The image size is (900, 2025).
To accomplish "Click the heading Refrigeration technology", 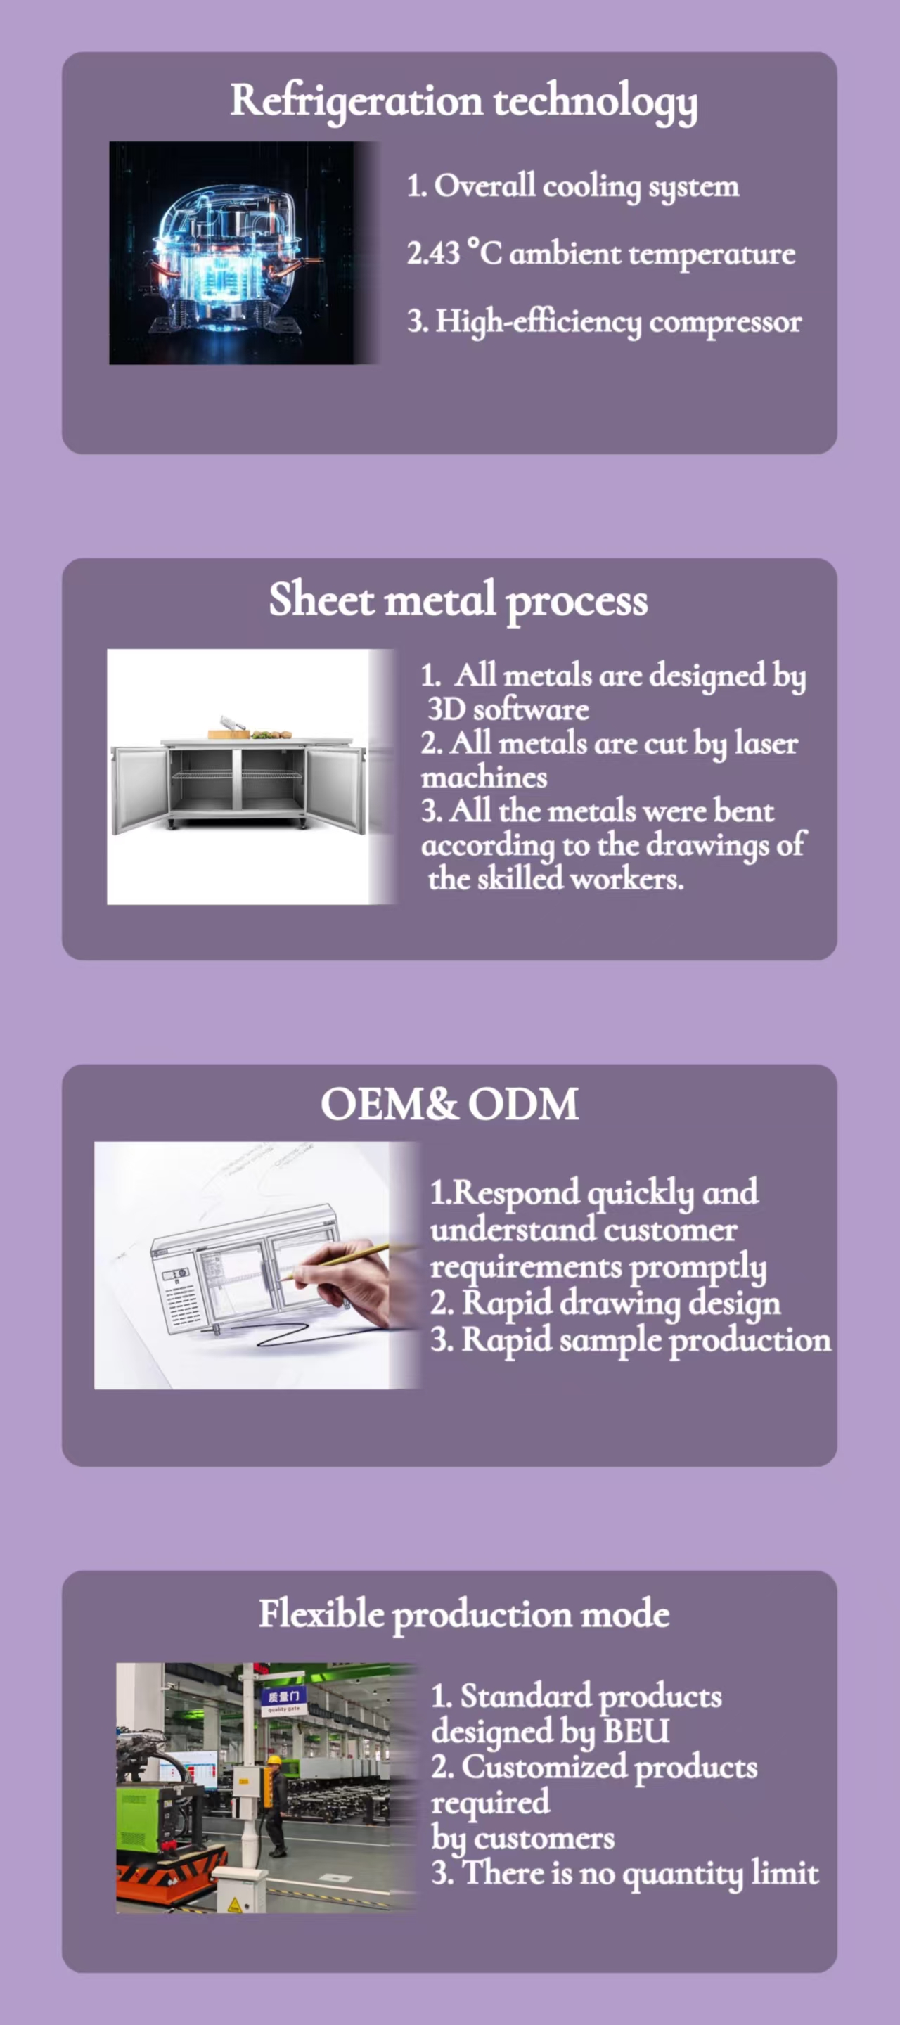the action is coord(464,101).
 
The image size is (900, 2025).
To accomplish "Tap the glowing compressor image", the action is coord(245,252).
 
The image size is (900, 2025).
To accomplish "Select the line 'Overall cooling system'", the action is coord(586,187).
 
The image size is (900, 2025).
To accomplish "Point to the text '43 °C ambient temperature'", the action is coord(612,254).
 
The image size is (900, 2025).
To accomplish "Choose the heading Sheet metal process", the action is coord(458,600).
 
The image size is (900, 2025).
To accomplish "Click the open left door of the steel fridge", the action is coord(139,788).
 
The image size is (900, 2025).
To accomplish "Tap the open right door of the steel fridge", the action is coord(335,788).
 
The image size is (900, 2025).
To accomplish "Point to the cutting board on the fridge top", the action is coord(229,734).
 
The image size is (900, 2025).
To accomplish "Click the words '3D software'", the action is coord(508,709).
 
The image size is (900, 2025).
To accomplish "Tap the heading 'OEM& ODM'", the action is coord(449,1104).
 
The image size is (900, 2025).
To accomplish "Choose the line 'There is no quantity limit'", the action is coord(641,1874).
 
